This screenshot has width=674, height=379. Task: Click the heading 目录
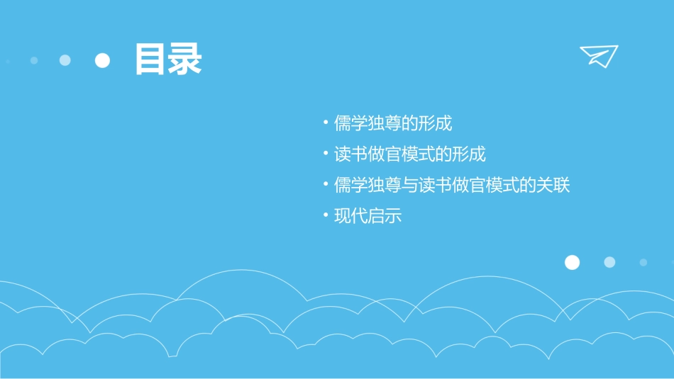coord(168,60)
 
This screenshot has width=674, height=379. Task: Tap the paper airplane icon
coord(599,55)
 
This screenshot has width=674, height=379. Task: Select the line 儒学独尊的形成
coord(393,123)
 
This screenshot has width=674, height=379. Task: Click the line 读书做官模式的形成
coord(410,154)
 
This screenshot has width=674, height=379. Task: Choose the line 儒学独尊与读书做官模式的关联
coord(452,186)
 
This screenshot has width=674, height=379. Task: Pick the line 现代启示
coord(368,216)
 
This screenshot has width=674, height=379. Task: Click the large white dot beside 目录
coord(103,60)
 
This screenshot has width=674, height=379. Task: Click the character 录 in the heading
coord(185,60)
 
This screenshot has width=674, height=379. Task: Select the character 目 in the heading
coord(151,60)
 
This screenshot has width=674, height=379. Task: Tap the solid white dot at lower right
coord(572,263)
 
